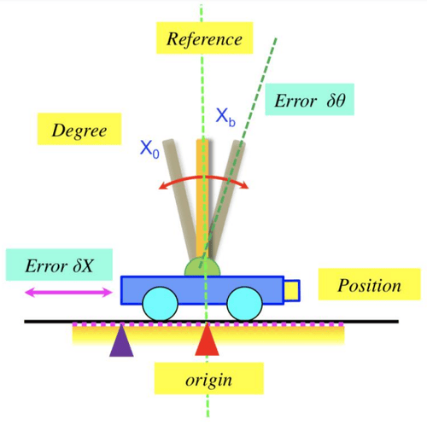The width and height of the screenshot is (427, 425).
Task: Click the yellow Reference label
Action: (x=204, y=38)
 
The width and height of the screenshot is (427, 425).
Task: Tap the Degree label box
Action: (x=79, y=129)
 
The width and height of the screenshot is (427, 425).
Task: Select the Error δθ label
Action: (x=310, y=99)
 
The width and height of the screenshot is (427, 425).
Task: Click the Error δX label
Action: (x=59, y=265)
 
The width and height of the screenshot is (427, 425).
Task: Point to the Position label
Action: (x=369, y=284)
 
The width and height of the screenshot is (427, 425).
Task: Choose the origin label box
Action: (x=209, y=378)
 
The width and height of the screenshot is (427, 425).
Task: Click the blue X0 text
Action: (x=149, y=148)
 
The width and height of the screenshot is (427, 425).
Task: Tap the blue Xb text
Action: (x=225, y=117)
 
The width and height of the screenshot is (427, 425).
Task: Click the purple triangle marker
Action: (x=121, y=341)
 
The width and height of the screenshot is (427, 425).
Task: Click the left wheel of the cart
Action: (x=161, y=304)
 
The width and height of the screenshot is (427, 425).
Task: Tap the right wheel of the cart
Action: (x=244, y=304)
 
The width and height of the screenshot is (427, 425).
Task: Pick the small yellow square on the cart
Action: (x=292, y=290)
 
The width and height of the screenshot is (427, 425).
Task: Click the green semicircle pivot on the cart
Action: (x=202, y=267)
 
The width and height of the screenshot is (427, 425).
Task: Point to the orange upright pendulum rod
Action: (x=202, y=199)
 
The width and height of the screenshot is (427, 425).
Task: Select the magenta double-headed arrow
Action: (x=68, y=292)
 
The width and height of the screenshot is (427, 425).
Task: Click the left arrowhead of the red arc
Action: (x=162, y=185)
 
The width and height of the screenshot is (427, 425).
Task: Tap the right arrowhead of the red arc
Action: (x=245, y=185)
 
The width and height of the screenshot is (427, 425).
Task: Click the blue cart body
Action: (x=202, y=290)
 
